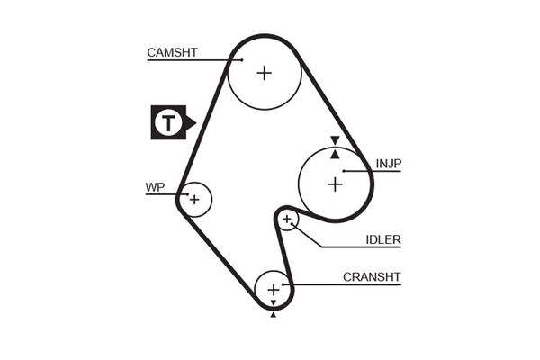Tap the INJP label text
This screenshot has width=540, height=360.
click(389, 163)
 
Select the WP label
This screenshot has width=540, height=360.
click(155, 188)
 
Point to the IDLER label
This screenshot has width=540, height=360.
click(383, 239)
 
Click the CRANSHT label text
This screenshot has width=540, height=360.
click(371, 276)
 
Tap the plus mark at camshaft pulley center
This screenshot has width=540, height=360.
click(264, 73)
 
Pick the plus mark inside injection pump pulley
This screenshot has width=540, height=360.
click(335, 184)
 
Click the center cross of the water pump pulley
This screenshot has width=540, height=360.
click(193, 199)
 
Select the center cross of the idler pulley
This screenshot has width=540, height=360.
click(287, 219)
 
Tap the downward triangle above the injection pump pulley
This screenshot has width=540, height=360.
click(335, 140)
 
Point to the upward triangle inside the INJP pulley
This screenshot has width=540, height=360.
click(335, 154)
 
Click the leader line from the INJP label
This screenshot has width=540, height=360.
click(371, 170)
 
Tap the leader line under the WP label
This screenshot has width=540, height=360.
click(166, 194)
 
